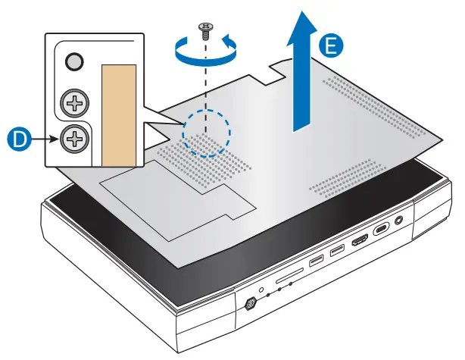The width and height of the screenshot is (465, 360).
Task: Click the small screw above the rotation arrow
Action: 204,30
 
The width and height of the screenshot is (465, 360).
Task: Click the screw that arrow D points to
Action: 74,138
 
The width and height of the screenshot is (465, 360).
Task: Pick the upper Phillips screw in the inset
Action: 74,101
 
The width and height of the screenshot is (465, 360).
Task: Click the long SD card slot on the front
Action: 286,280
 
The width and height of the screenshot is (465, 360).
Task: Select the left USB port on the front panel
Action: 314,264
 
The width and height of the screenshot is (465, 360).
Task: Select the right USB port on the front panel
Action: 336,252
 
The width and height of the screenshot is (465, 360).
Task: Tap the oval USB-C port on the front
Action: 382,230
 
